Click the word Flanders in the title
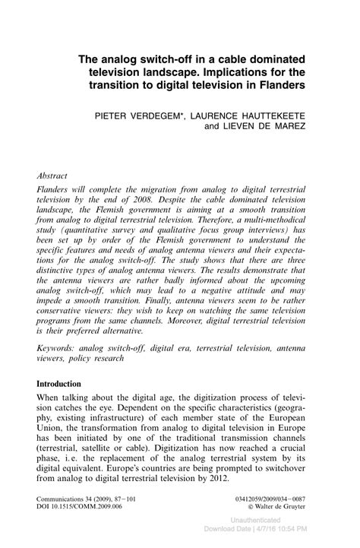276,86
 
